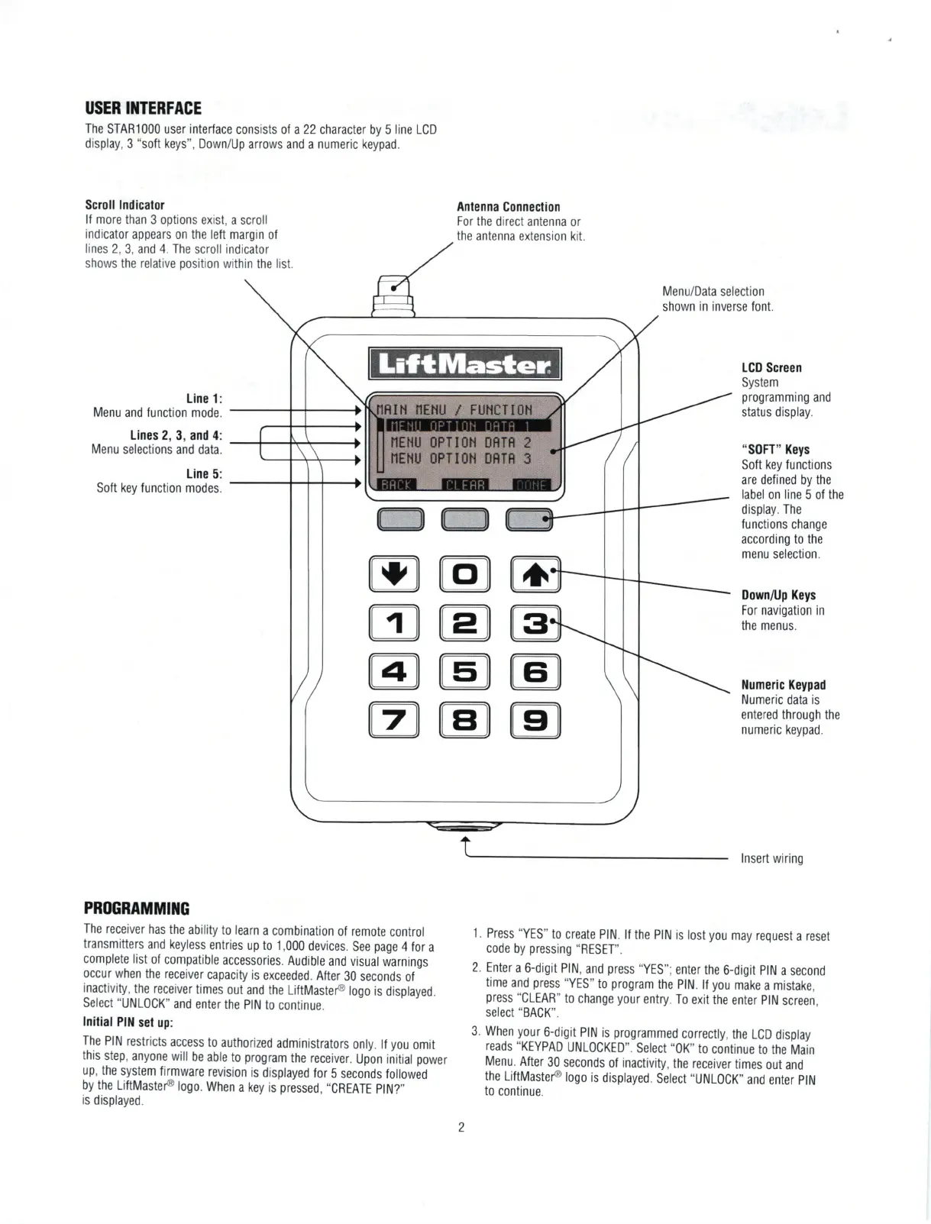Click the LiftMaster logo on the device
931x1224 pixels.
(464, 364)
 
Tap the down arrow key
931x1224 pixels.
(394, 574)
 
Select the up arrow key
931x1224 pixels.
(535, 574)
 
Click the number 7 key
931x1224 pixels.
(394, 719)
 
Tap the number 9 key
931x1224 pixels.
(535, 719)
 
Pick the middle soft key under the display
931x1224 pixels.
(464, 519)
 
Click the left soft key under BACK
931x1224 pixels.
(400, 519)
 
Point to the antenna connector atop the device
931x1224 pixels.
(393, 295)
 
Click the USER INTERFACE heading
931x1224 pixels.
(143, 108)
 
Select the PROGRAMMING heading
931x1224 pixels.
(136, 909)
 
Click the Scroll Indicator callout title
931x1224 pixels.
(124, 205)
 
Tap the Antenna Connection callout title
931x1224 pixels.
(508, 207)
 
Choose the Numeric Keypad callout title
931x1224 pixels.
(783, 685)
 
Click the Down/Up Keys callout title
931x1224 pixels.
(778, 595)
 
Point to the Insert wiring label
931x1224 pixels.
(771, 859)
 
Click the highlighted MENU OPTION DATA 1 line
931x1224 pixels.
(464, 426)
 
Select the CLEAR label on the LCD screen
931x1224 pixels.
(464, 485)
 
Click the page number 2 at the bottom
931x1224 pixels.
(461, 1127)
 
